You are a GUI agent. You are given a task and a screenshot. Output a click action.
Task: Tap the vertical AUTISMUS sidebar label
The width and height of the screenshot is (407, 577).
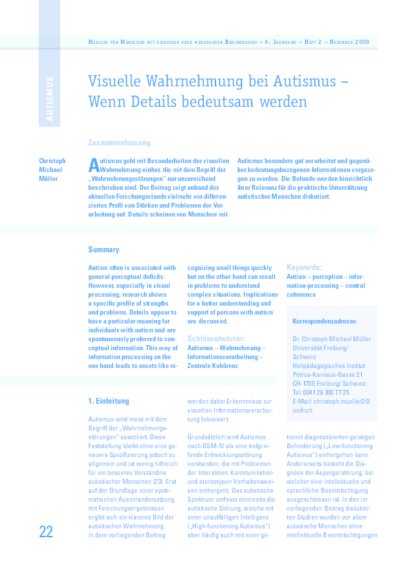49,99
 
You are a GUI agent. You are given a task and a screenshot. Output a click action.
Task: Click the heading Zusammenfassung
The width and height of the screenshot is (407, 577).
120,143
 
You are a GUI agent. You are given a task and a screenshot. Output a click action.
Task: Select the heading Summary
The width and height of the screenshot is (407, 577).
103,250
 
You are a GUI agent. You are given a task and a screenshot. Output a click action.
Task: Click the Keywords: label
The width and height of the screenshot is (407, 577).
304,267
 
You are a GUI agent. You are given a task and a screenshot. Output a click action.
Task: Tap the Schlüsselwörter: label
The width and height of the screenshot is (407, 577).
215,339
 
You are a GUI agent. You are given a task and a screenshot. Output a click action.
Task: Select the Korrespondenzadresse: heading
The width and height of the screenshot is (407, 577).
324,320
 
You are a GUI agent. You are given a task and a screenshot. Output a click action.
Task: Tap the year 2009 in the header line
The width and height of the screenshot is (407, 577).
360,42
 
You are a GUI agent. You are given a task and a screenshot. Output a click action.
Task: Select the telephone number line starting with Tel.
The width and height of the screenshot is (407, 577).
321,392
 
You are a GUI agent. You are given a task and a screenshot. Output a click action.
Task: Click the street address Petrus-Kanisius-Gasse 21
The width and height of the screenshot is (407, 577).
328,374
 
